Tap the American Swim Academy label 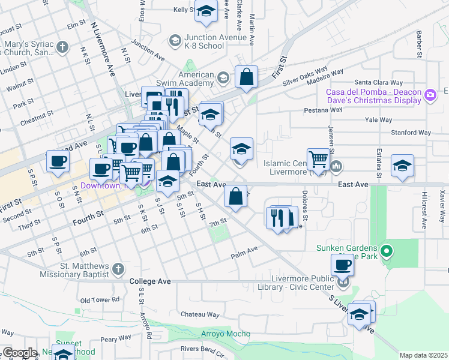pyautogui.click(x=192, y=78)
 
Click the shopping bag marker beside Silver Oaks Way pyautogui.click(x=246, y=77)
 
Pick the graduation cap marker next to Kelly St pyautogui.click(x=206, y=12)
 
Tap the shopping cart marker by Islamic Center pyautogui.click(x=318, y=160)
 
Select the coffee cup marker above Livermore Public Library pyautogui.click(x=343, y=265)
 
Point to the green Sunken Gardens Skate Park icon pyautogui.click(x=387, y=251)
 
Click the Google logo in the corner pyautogui.click(x=19, y=353)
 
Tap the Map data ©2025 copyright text pyautogui.click(x=423, y=355)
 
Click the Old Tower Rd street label pyautogui.click(x=100, y=299)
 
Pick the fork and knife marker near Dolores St pyautogui.click(x=277, y=218)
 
